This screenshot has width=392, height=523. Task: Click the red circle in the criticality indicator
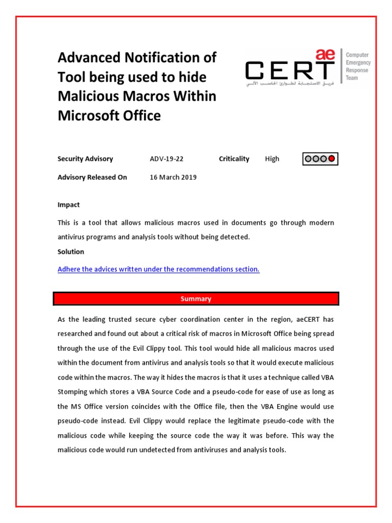(332, 159)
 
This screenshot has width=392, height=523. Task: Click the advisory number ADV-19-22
(166, 159)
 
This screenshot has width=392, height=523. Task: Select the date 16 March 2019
(173, 177)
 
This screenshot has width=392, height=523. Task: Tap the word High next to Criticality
(272, 159)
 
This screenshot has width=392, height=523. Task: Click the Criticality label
(234, 159)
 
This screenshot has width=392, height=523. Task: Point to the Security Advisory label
(85, 159)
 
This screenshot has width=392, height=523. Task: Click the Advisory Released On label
(92, 177)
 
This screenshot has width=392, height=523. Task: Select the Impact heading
(68, 205)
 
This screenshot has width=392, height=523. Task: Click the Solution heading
(71, 252)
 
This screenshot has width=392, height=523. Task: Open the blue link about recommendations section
(158, 269)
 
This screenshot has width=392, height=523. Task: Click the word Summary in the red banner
(195, 299)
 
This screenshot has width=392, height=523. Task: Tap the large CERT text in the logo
(289, 70)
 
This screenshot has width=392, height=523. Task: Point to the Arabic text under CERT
(289, 83)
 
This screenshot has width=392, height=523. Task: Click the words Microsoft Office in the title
(109, 116)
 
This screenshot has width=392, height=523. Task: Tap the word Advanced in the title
(88, 58)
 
